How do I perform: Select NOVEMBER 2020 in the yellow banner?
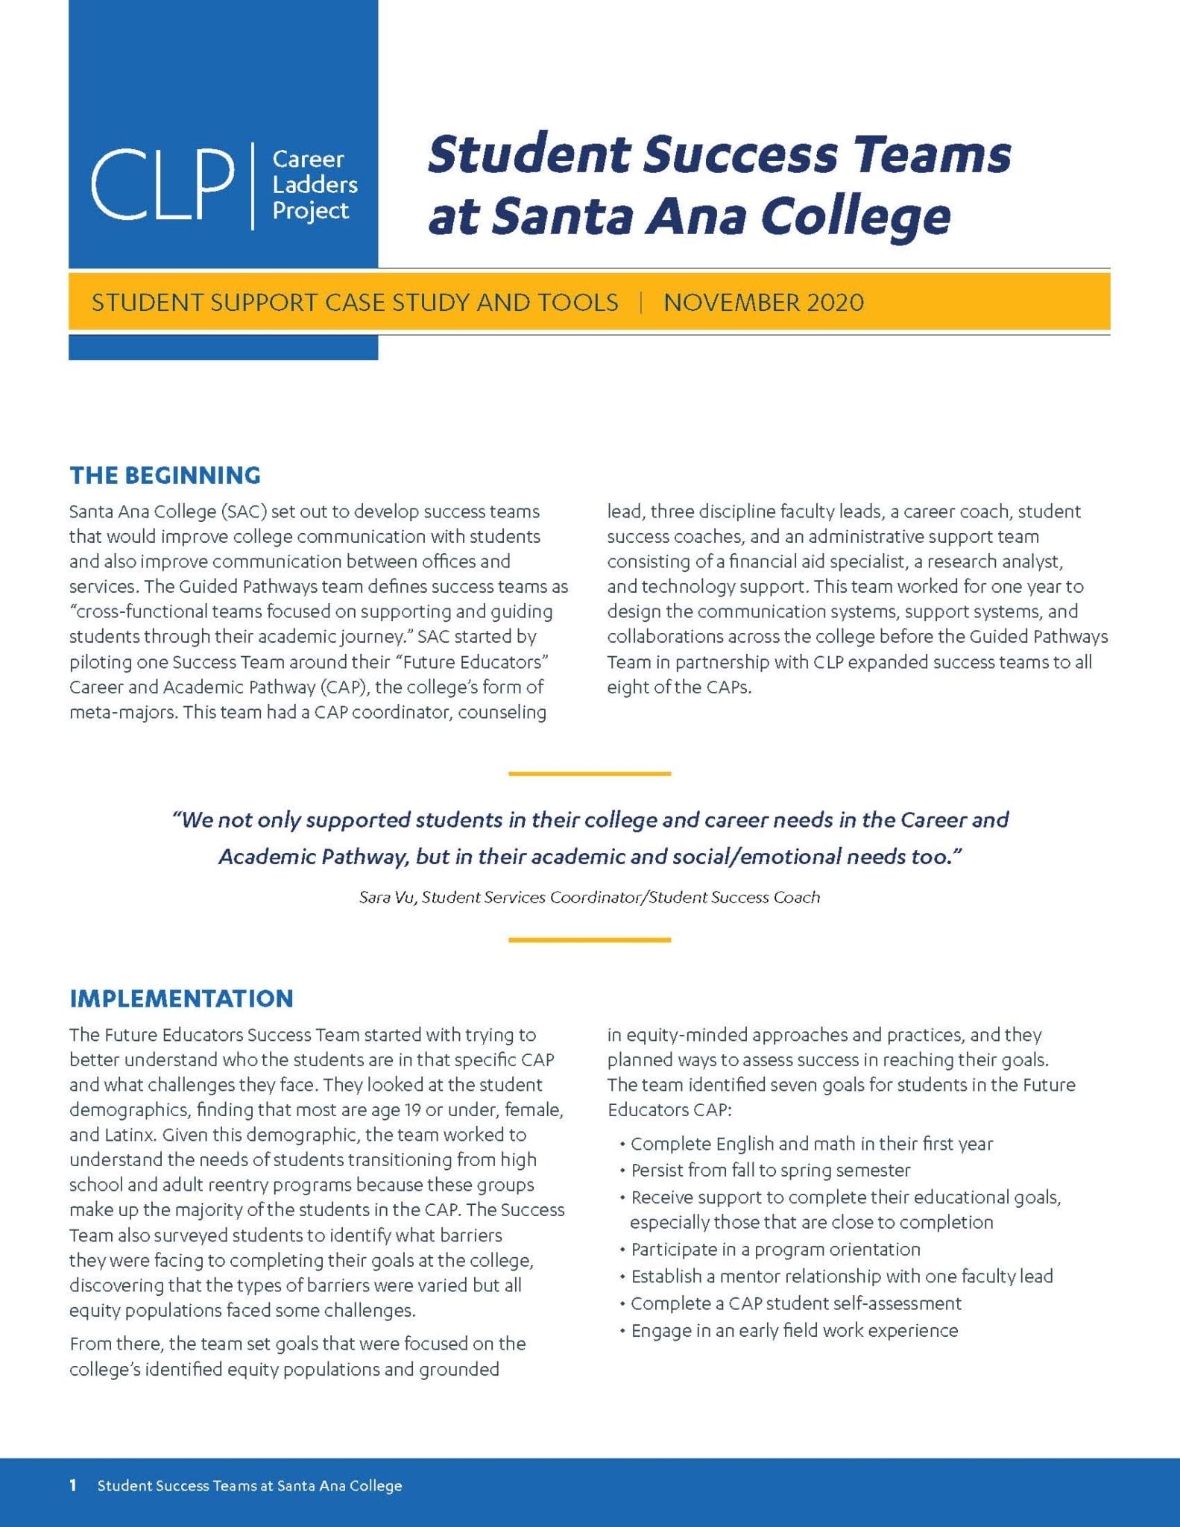[763, 303]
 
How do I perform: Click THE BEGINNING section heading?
[165, 476]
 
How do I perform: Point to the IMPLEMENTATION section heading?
[181, 999]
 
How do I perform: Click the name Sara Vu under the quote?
[386, 898]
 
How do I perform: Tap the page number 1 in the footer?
[73, 1485]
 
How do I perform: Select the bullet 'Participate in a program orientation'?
[775, 1250]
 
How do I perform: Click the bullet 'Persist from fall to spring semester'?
[771, 1171]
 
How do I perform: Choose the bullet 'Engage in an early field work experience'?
[794, 1331]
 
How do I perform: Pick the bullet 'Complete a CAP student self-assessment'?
[796, 1303]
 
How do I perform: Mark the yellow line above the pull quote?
[590, 774]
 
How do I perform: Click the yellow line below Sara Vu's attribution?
[590, 940]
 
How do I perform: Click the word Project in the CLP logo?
[310, 211]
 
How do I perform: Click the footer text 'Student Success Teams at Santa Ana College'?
[250, 1486]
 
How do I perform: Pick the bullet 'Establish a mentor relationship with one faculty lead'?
[842, 1276]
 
